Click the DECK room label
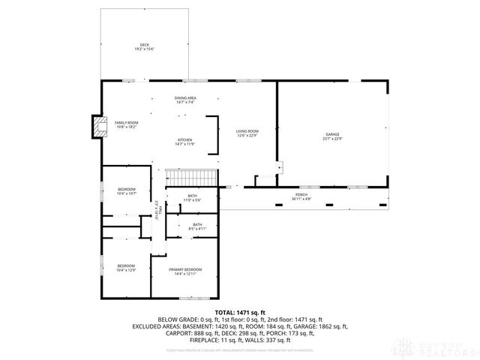(x=144, y=45)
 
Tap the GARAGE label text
(x=332, y=134)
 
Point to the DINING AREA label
(x=185, y=98)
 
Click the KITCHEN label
(x=185, y=139)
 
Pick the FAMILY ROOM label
(x=126, y=123)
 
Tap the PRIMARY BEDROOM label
(x=188, y=269)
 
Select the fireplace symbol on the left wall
(x=97, y=127)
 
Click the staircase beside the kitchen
(x=190, y=178)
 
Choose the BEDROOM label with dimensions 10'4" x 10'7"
(x=126, y=189)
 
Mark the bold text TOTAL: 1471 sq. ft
(x=240, y=312)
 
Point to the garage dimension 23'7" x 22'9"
(x=332, y=139)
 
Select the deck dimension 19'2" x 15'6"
(x=144, y=49)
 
